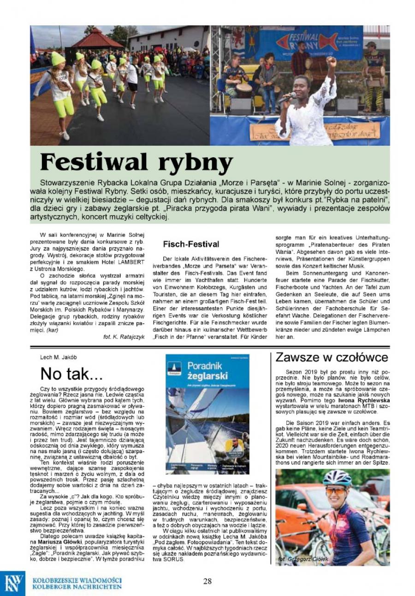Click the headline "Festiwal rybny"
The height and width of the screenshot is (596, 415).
click(136, 161)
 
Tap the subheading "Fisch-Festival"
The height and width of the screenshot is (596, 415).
click(191, 244)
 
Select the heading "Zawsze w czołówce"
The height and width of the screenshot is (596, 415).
click(332, 357)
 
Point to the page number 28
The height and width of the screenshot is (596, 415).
click(207, 581)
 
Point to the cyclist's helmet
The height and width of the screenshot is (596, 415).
click(337, 479)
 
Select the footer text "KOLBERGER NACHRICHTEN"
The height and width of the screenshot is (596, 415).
click(77, 587)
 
